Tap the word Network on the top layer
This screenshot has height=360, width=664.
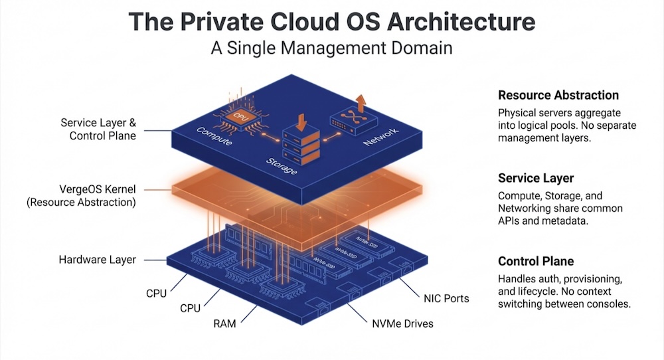coord(379,136)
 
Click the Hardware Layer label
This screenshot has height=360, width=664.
coord(98,260)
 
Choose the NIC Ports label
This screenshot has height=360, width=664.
coord(446,298)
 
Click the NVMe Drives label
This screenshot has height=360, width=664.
coord(402,324)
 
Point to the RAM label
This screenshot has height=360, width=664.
coord(226,324)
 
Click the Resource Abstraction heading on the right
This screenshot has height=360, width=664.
coord(558,95)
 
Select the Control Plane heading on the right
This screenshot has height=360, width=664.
coord(536,261)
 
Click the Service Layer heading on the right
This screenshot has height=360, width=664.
coord(536,179)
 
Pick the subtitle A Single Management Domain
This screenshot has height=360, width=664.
coord(331,48)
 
